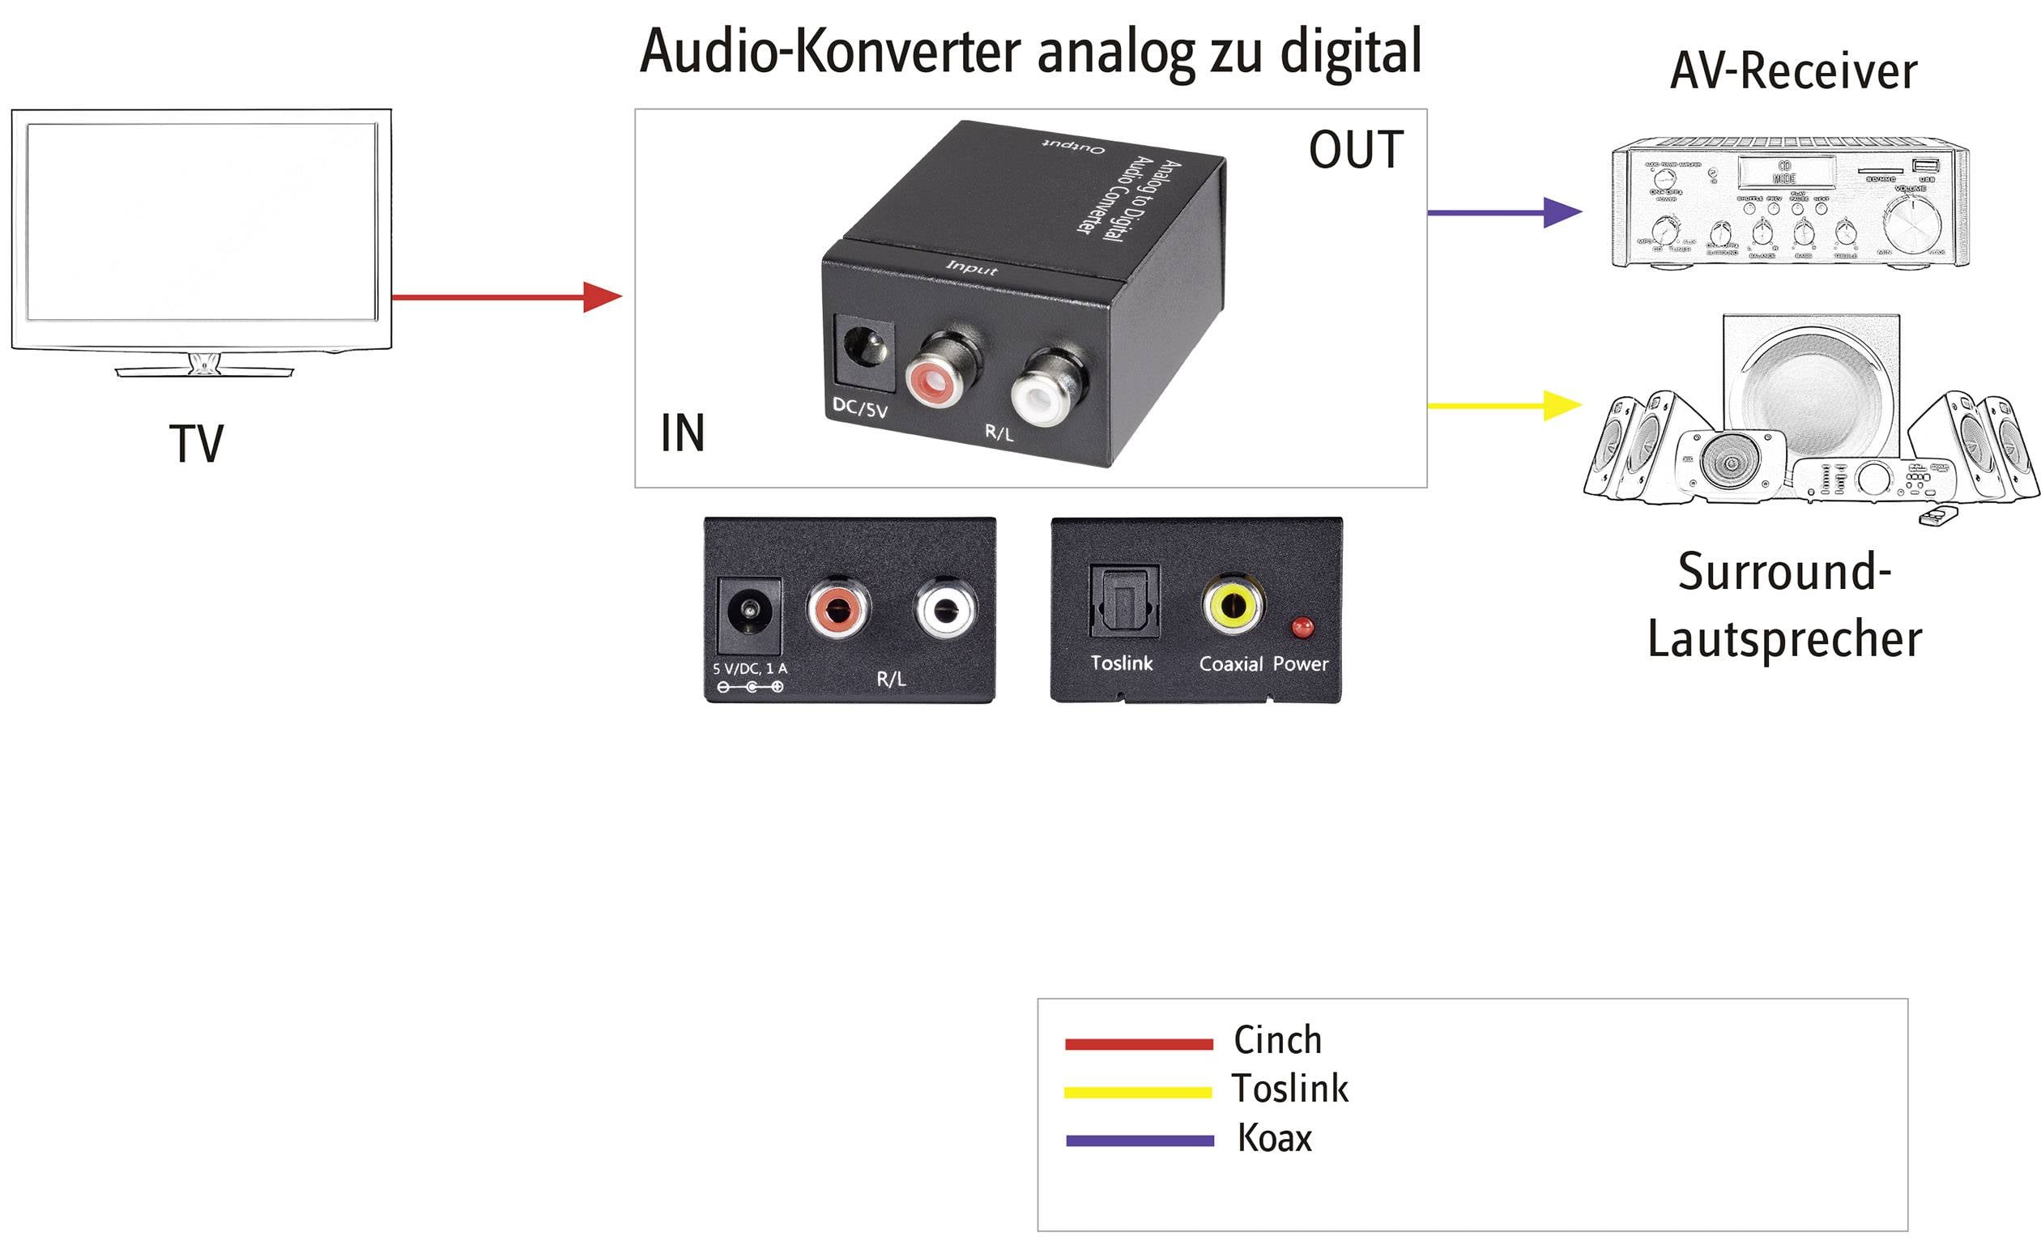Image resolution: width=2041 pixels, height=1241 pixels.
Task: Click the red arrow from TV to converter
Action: coord(505,296)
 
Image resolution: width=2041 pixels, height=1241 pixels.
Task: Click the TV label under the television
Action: coord(196,444)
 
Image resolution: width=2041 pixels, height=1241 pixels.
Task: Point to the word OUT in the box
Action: coord(1356,150)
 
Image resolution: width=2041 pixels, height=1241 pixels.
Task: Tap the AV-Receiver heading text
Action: coord(1792,71)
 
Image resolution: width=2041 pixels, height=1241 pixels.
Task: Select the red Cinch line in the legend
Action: coord(1139,1044)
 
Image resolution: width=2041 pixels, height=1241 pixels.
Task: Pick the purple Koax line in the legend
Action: coord(1139,1141)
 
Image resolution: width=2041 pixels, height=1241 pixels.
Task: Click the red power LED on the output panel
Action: coord(1302,626)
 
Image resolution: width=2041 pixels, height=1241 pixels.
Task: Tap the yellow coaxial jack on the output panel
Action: coord(1233,606)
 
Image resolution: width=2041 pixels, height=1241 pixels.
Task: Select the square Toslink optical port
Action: coord(1124,603)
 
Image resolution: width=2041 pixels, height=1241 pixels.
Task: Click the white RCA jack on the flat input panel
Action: coord(945,609)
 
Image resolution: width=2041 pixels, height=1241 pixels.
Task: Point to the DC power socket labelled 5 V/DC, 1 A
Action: coord(749,616)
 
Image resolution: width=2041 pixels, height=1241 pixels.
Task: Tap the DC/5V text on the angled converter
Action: coord(860,407)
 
